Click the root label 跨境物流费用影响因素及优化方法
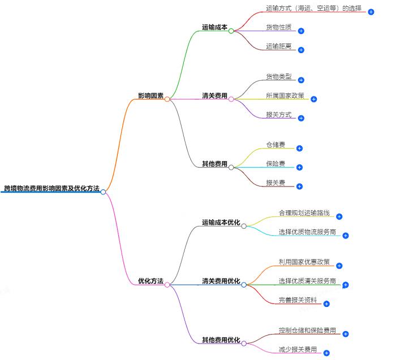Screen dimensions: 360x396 pos(51,188)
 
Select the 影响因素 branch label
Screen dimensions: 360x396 pos(150,96)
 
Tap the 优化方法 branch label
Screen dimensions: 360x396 pos(150,281)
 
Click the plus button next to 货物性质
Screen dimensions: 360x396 pos(301,31)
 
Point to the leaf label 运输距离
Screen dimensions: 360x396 pos(278,46)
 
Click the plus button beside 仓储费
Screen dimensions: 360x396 pos(300,149)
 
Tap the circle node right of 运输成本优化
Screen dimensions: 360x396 pos(244,226)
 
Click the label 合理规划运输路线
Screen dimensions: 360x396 pos(304,213)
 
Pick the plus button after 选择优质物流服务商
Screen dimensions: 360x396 pos(345,236)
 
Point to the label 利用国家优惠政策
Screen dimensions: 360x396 pos(304,262)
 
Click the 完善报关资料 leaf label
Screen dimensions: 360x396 pos(298,300)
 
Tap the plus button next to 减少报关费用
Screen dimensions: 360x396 pos(326,353)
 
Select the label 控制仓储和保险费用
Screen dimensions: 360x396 pos(307,330)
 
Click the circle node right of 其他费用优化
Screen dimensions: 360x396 pos(244,343)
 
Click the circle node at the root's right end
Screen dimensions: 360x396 pos(103,192)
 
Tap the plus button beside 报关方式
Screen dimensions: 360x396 pos(301,118)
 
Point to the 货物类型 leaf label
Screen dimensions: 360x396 pos(278,76)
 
